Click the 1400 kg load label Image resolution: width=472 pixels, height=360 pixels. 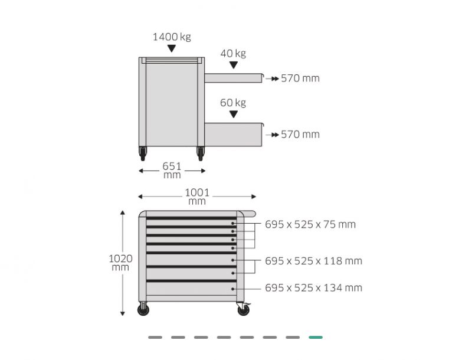[x=172, y=37]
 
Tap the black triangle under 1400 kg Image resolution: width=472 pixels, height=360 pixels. [x=172, y=48]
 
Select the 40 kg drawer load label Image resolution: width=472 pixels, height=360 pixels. [x=233, y=54]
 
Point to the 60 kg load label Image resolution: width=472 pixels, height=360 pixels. [x=233, y=103]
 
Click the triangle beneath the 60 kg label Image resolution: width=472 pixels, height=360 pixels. [x=233, y=114]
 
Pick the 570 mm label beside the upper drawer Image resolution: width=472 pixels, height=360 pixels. [x=300, y=78]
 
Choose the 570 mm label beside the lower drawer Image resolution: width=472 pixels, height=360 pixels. [x=300, y=135]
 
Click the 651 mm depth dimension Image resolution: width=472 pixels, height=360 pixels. [x=172, y=171]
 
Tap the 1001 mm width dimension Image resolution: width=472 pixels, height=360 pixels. [x=197, y=197]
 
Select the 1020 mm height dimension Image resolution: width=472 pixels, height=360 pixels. [x=120, y=263]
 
